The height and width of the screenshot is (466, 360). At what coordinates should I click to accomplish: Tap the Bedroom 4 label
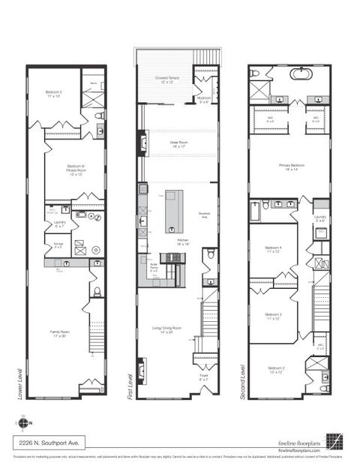tap(272, 249)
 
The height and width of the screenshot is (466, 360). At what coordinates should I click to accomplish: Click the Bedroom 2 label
tap(277, 368)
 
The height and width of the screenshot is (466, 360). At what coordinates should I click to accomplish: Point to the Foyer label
tap(203, 377)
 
